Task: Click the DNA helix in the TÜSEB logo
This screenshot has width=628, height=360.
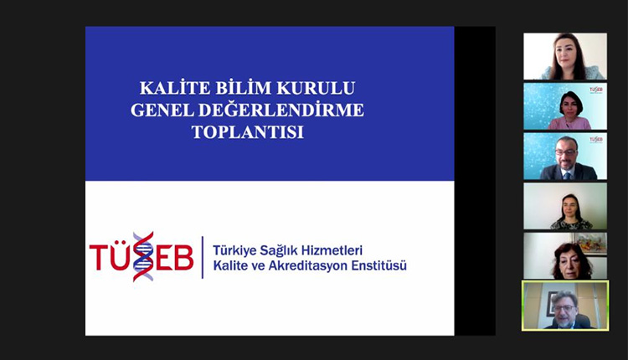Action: (x=143, y=256)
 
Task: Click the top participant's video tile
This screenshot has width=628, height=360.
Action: (x=564, y=56)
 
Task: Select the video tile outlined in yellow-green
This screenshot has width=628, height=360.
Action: (x=564, y=305)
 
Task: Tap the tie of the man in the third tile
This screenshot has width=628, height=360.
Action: (x=567, y=173)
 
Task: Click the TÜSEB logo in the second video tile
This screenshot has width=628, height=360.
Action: (x=595, y=90)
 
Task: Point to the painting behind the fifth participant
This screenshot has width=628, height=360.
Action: (x=590, y=244)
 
